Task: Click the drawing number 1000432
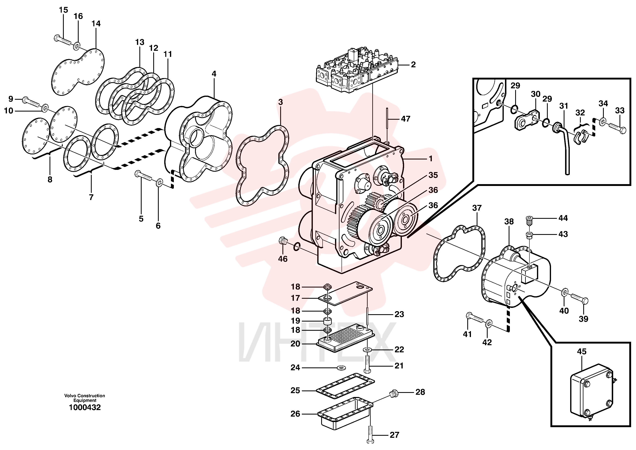(x=85, y=407)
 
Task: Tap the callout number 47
(x=406, y=119)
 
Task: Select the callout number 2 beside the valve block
(x=413, y=65)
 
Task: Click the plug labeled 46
(x=283, y=241)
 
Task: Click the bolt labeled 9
(x=31, y=103)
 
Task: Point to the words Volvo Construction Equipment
(x=85, y=398)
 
